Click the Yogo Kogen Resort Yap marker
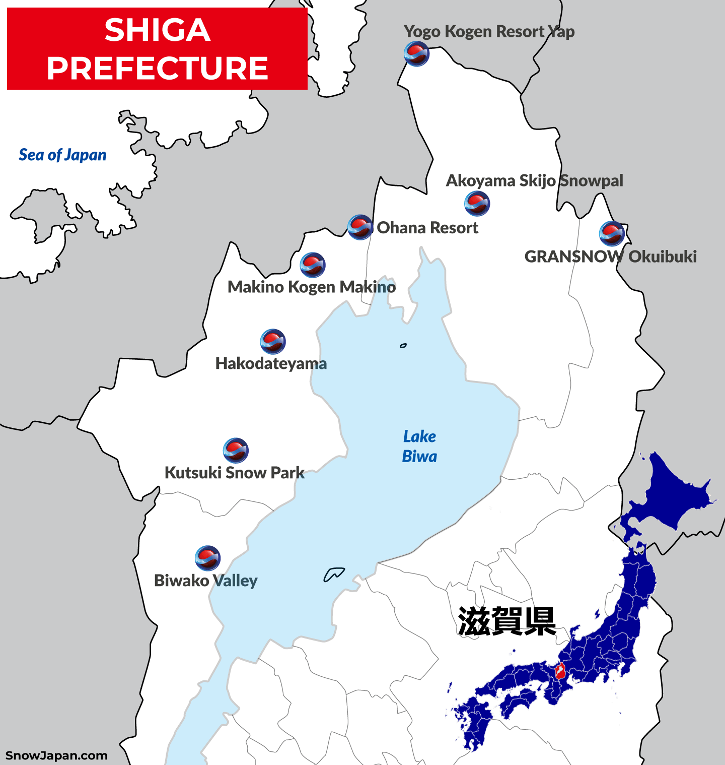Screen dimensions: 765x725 tap(416, 54)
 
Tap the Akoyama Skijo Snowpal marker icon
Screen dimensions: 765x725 tap(477, 204)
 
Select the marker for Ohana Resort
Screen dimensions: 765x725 tap(360, 227)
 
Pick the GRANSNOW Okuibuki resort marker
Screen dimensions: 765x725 tap(612, 233)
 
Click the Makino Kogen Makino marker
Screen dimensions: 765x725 tap(313, 265)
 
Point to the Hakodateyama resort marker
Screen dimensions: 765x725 tap(273, 342)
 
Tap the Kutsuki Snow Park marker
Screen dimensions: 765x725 tap(236, 451)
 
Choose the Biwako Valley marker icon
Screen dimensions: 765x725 tap(207, 558)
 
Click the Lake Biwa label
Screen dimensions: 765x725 tap(419, 447)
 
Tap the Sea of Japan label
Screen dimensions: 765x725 tap(62, 155)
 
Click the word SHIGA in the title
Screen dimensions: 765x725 tap(157, 30)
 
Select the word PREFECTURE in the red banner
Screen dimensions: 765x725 tap(157, 68)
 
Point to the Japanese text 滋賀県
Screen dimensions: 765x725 tap(507, 621)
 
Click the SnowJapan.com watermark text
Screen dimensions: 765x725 tap(56, 755)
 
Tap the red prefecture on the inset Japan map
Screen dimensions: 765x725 tap(559, 671)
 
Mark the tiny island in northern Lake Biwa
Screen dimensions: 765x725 tap(403, 346)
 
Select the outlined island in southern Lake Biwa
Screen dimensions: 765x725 tap(333, 575)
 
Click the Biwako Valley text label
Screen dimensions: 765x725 tap(205, 581)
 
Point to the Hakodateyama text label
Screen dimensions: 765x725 tap(271, 363)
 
